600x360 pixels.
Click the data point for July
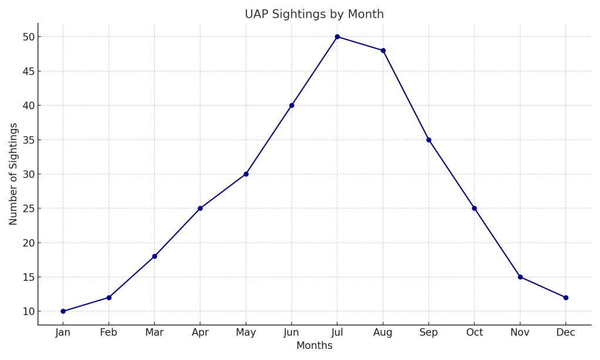pos(337,37)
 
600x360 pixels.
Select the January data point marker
pos(63,311)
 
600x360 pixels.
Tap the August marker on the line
pos(383,50)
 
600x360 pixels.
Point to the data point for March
pos(154,256)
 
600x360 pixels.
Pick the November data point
pos(520,277)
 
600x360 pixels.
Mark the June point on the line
pos(291,106)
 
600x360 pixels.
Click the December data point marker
pos(565,297)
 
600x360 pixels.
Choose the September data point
pos(429,140)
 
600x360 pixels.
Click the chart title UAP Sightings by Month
pos(314,14)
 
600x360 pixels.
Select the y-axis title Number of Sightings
pos(13,174)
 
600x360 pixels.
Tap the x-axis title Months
pos(314,346)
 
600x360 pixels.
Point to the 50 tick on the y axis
pos(29,37)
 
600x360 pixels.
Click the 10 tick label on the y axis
pos(29,311)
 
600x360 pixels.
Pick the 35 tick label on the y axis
pos(29,140)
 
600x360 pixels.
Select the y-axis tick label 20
pos(29,243)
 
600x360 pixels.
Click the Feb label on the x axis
pos(109,332)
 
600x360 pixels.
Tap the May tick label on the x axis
pos(246,332)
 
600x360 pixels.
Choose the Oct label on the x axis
pos(474,332)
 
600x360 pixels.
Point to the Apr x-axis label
pos(200,332)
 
